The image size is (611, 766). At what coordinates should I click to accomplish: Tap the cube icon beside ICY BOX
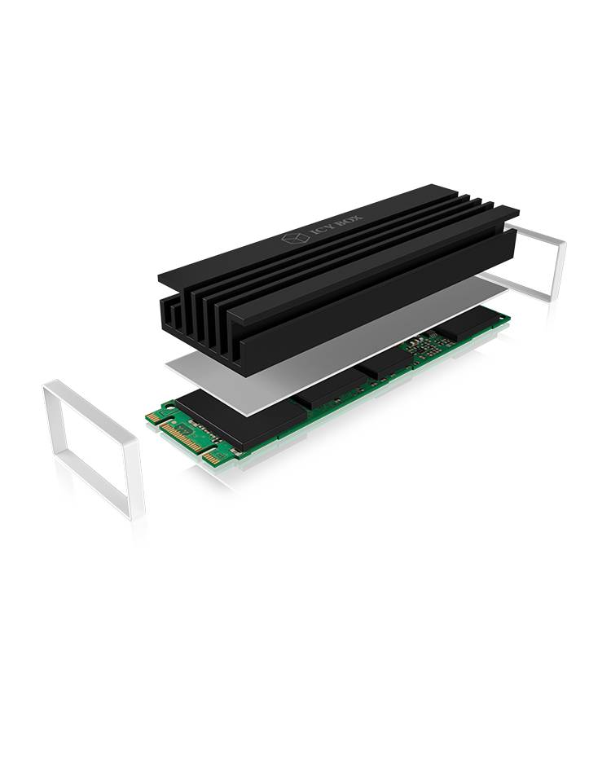(292, 242)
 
